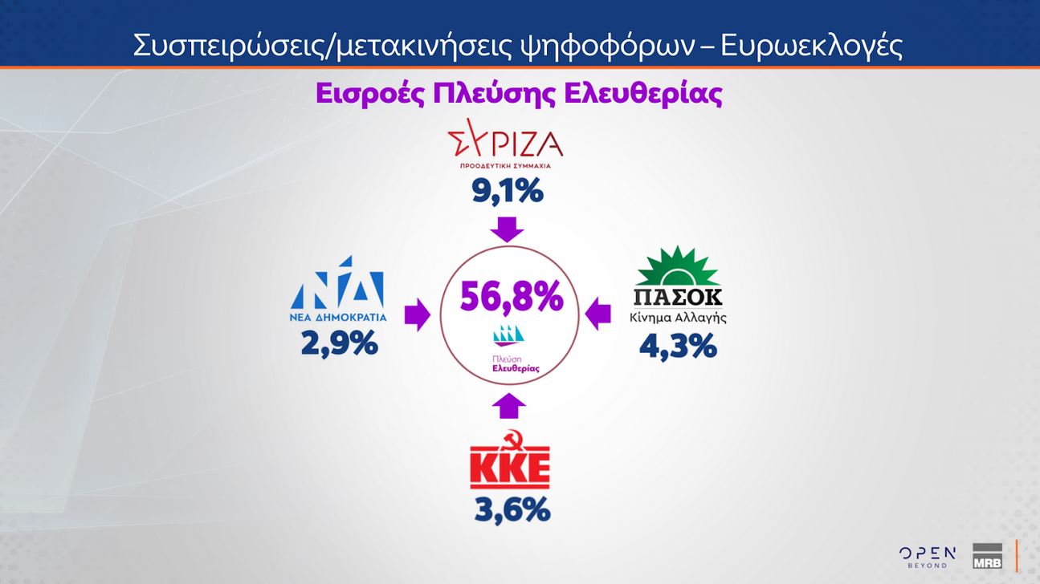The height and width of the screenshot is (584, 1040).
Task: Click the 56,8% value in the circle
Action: pos(511,298)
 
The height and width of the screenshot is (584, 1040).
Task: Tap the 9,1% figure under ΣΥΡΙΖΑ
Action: pos(507,193)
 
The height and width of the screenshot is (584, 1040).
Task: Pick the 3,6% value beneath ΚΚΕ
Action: pos(511,510)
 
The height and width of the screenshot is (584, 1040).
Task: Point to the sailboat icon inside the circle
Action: pos(511,335)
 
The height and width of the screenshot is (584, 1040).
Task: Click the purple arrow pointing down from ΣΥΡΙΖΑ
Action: pos(507,229)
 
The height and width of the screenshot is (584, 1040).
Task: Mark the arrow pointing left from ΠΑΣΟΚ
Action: pos(597,314)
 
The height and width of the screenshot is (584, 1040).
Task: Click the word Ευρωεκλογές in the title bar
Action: pos(811,46)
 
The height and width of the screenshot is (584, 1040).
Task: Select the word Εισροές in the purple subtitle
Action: pos(369,95)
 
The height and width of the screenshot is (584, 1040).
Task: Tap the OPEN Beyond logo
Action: pos(927,557)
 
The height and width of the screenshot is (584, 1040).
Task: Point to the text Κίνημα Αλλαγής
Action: pos(679,317)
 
